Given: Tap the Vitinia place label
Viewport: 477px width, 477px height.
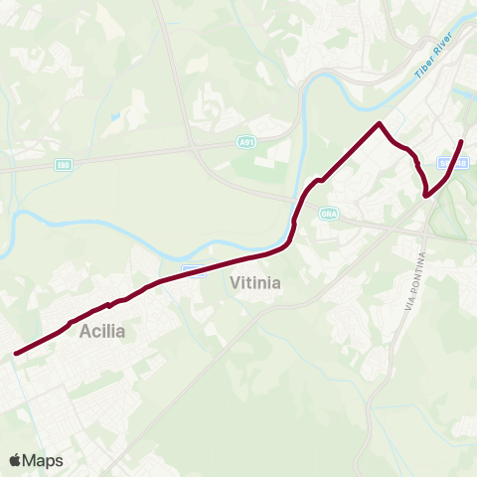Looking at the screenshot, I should [x=255, y=283].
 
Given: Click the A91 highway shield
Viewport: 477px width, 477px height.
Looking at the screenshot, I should [x=246, y=143].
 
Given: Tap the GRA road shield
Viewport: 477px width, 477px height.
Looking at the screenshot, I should [x=329, y=214].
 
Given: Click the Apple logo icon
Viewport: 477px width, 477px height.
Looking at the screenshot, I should [x=16, y=460].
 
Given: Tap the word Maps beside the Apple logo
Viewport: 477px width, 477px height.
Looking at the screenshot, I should [x=44, y=460].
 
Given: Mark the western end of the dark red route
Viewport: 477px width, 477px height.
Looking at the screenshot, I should [x=15, y=352].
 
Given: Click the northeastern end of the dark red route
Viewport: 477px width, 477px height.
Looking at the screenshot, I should [x=462, y=142].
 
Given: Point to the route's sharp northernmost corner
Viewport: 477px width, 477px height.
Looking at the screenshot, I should [x=379, y=123].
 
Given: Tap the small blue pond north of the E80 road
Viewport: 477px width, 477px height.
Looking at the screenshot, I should [x=116, y=116].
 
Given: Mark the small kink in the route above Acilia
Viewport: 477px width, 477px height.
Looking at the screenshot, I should [x=107, y=306].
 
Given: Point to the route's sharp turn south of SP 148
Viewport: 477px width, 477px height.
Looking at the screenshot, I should [x=426, y=196].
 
